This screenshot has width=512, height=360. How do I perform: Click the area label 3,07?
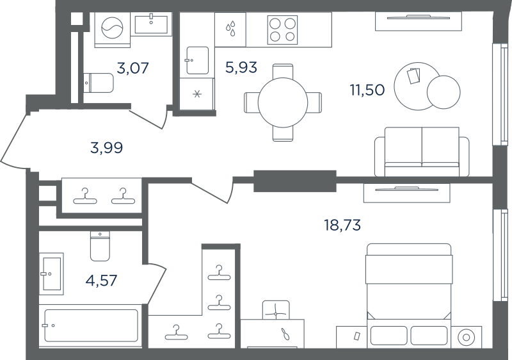pos(133,68)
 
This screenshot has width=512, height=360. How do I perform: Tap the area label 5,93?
pos(241,67)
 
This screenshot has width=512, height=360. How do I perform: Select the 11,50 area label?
pos(367,90)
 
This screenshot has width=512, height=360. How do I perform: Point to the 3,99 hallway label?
pos(107,148)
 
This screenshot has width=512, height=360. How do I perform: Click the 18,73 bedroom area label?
pos(342,225)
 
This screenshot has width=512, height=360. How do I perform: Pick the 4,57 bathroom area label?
pos(101,281)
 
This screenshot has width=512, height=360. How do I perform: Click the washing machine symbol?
pos(113,30)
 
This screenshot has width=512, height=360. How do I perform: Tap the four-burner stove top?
pos(282,30)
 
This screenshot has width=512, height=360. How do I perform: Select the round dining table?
pos(283,102)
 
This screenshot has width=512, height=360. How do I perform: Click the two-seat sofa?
pos(422,152)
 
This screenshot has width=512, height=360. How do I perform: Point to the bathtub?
pos(91,325)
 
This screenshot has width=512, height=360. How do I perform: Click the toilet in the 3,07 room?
pos(99,83)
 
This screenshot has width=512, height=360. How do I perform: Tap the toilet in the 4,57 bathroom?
pos(100,247)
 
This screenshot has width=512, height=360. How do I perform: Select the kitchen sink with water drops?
pos(230,29)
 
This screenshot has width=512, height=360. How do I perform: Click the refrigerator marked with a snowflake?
pos(197,94)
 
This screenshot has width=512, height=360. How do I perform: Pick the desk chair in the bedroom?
pos(276,310)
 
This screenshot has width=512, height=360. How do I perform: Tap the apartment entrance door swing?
pos(13,140)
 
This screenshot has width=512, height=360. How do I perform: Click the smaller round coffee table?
pos(444,92)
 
